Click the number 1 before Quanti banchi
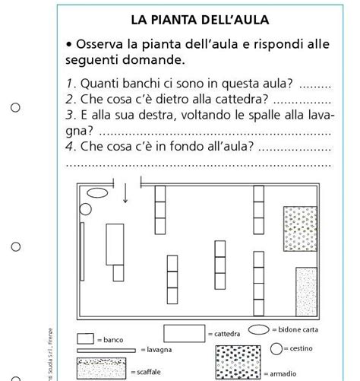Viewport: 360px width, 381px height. tap(68, 82)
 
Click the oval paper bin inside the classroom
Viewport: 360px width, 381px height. tap(94, 193)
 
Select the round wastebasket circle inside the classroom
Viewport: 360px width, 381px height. tap(85, 208)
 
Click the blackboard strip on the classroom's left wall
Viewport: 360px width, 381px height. tap(79, 251)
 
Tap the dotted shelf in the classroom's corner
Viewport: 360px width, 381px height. tap(306, 292)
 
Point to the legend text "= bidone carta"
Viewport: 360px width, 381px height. tap(295, 330)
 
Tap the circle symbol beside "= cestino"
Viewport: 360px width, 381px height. tap(274, 348)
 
